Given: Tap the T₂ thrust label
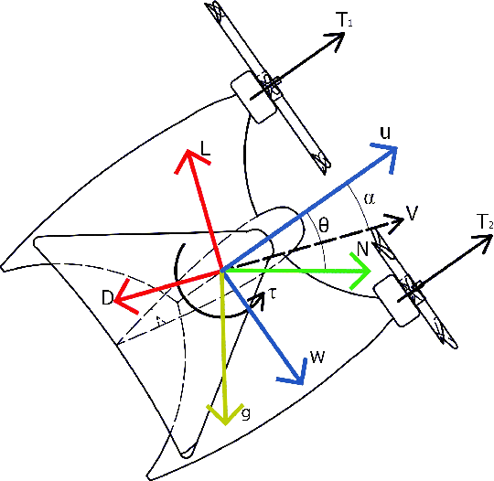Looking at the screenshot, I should pyautogui.click(x=485, y=222).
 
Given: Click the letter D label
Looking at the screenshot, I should pyautogui.click(x=107, y=299).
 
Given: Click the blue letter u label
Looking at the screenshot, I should pyautogui.click(x=386, y=134).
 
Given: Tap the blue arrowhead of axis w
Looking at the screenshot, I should pyautogui.click(x=295, y=374).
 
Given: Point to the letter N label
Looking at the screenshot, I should pyautogui.click(x=363, y=250).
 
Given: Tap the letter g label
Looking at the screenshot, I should pyautogui.click(x=246, y=413).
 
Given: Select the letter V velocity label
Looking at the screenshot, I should pyautogui.click(x=412, y=213).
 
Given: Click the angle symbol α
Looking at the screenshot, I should pyautogui.click(x=369, y=197).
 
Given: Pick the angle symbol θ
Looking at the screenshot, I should pyautogui.click(x=324, y=223).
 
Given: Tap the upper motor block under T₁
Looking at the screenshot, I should pyautogui.click(x=253, y=95).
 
